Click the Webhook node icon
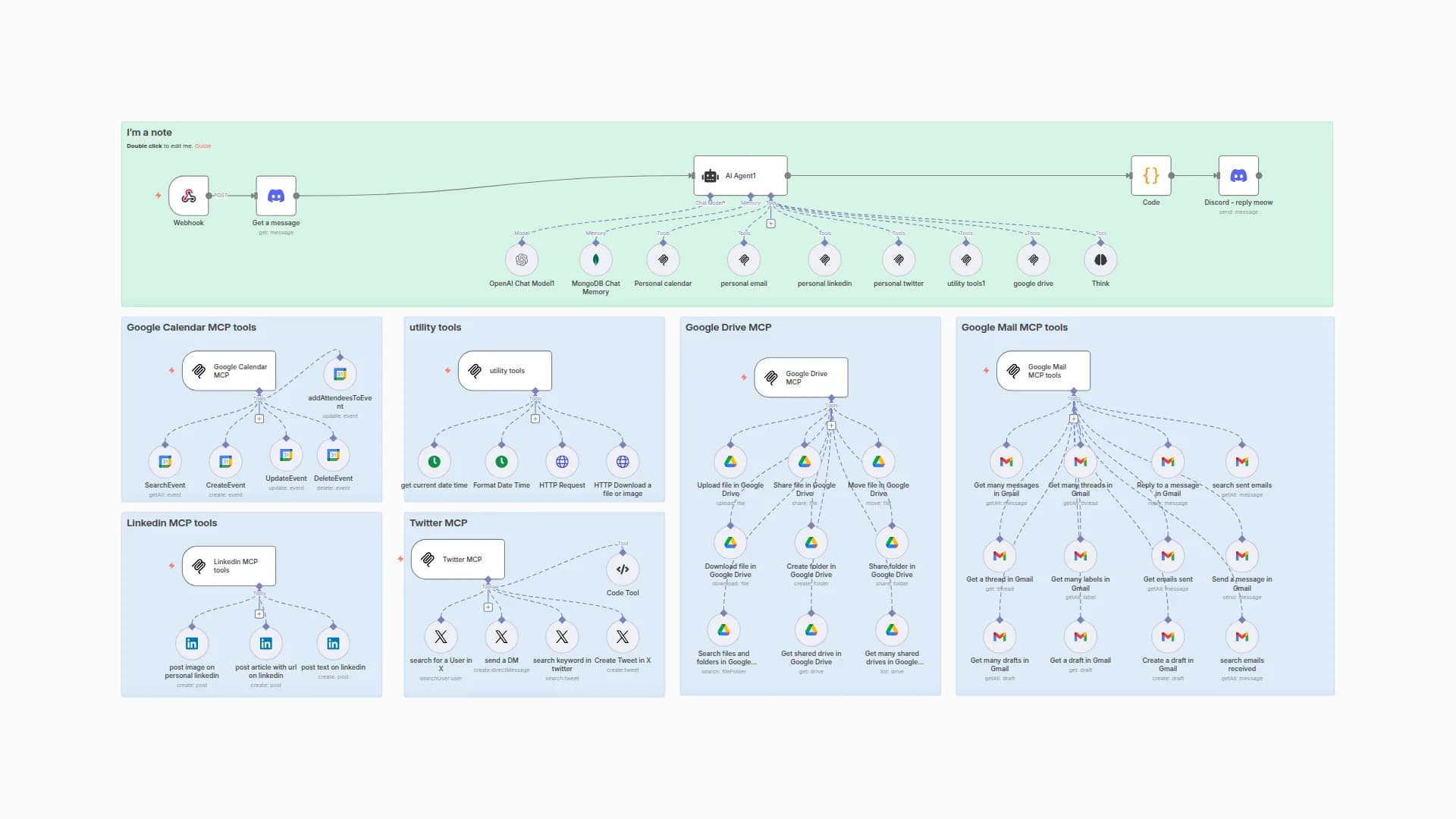point(188,196)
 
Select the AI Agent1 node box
point(740,176)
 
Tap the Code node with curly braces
point(1150,176)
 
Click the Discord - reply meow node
point(1238,176)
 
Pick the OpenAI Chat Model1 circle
point(522,260)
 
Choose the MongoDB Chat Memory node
point(595,260)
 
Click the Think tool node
point(1100,260)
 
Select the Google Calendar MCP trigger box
point(229,371)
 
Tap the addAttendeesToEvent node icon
point(340,374)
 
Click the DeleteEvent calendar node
point(333,455)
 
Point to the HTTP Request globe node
point(562,462)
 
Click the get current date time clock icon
point(435,462)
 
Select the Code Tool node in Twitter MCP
point(623,570)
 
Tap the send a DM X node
point(501,637)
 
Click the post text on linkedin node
point(333,644)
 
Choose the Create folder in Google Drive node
point(811,543)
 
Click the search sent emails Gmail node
point(1241,462)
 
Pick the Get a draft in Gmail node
point(1080,637)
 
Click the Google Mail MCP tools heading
point(1014,328)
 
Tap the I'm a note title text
point(149,133)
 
